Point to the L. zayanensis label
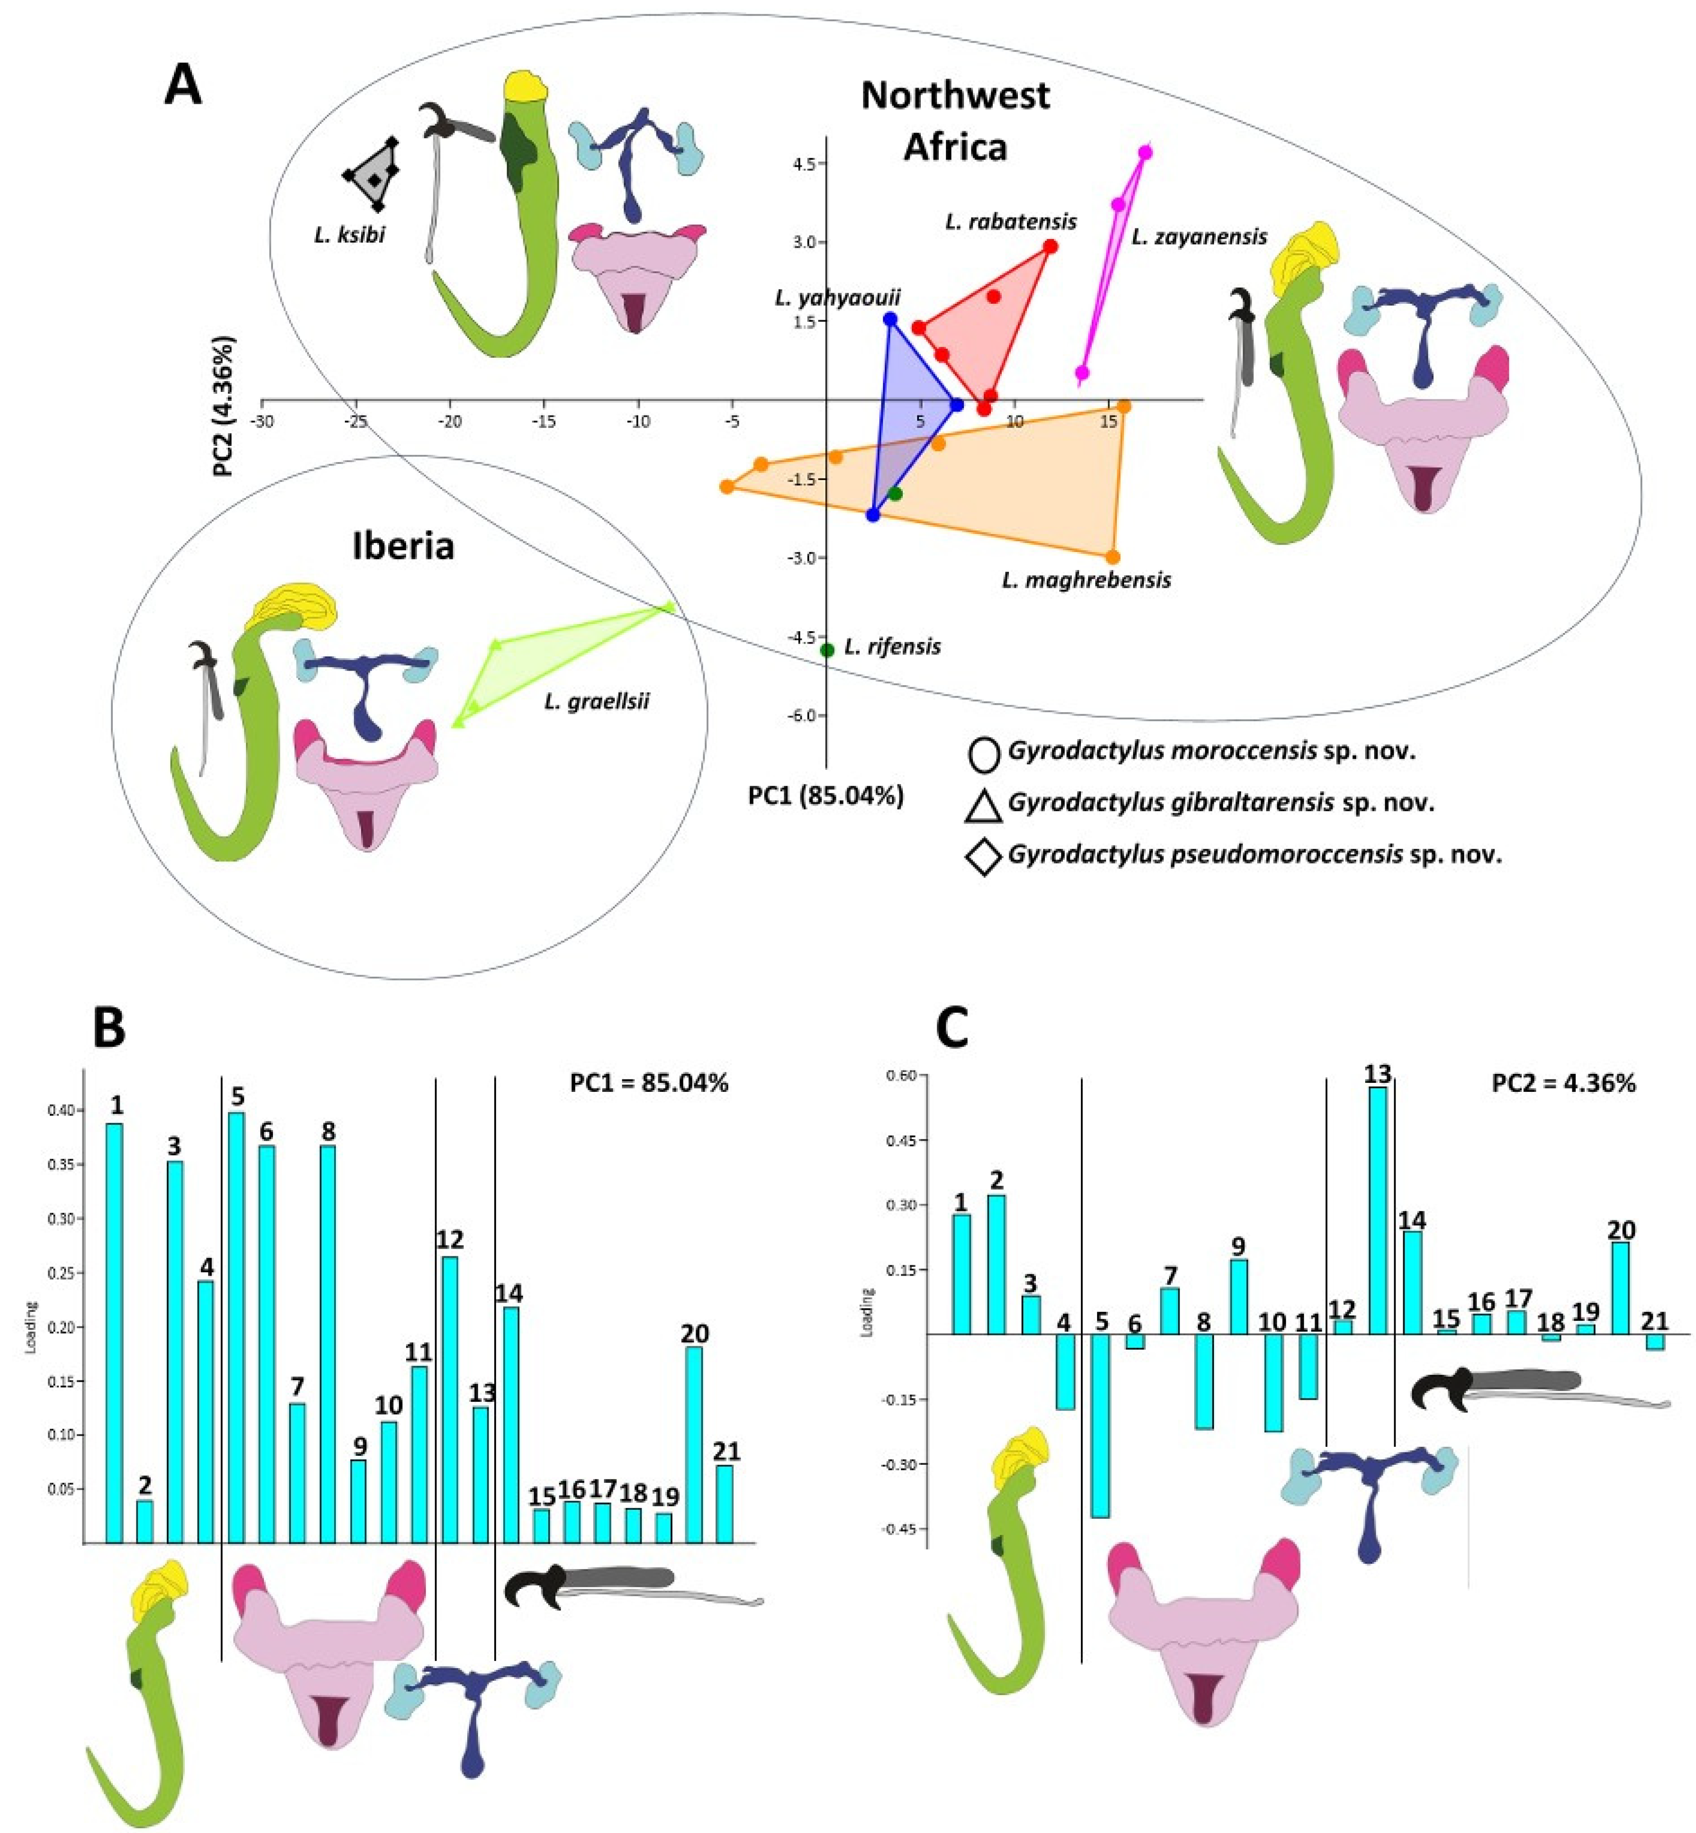pyautogui.click(x=1198, y=237)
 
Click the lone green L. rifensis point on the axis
pyautogui.click(x=827, y=650)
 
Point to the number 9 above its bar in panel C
pyautogui.click(x=1238, y=1246)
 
